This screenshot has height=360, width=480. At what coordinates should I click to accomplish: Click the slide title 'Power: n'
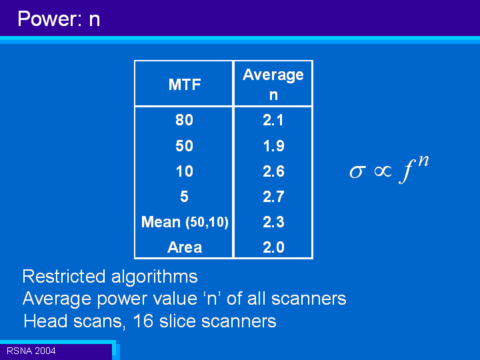pos(59,19)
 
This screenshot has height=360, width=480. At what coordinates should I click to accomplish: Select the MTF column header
pos(185,85)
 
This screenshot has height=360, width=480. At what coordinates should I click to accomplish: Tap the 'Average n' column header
pos(273,85)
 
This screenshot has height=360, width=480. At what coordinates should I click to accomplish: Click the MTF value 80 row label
pos(184,120)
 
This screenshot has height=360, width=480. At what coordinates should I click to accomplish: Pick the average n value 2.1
pos(273,120)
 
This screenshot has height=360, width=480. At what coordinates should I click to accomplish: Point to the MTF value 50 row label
pos(184,146)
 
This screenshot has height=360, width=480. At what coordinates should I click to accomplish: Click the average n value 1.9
pos(274,146)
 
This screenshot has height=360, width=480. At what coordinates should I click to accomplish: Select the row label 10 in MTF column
pos(185,171)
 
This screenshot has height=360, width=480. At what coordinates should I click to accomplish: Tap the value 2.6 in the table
pos(274,171)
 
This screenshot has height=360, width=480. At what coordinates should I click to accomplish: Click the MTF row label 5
pos(184,197)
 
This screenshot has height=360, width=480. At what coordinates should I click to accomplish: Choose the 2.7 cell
pos(274,197)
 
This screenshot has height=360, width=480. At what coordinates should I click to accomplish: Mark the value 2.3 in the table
pos(274,222)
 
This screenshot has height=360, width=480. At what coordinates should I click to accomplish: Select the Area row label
pos(185,247)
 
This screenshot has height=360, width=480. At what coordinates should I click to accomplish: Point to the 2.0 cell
pos(274,247)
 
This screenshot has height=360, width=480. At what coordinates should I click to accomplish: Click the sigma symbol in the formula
pos(357,172)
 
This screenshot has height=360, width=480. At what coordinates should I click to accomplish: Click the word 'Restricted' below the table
pos(64,277)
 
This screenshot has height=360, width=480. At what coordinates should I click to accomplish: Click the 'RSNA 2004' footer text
pos(31,351)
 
